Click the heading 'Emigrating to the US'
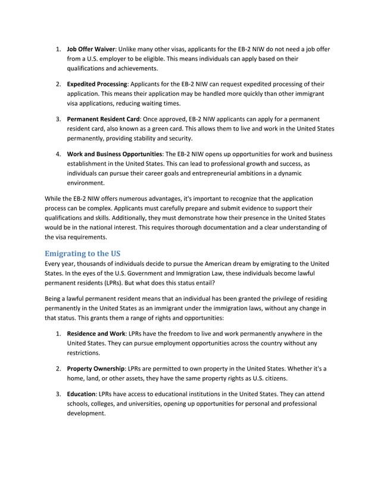[x=83, y=253]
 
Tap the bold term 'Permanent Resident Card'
[x=103, y=119]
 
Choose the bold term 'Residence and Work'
[x=95, y=333]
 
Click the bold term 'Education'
[x=82, y=394]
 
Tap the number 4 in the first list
[x=58, y=154]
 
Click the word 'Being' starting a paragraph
[x=55, y=298]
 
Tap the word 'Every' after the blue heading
[x=55, y=263]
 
